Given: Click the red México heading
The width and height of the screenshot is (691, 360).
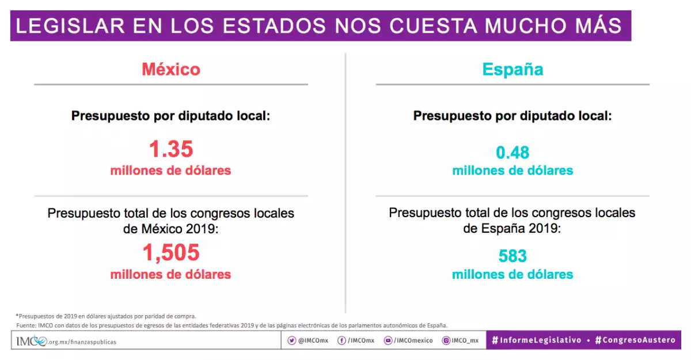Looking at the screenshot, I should click(x=171, y=69).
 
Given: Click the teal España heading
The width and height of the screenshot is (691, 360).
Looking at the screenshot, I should click(x=512, y=69).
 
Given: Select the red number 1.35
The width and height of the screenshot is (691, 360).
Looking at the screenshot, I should click(x=171, y=149).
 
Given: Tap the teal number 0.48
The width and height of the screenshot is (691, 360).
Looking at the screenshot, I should click(x=512, y=153).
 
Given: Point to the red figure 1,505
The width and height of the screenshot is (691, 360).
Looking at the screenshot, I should click(x=171, y=252).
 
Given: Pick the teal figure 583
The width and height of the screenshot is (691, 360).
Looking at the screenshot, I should click(x=512, y=256).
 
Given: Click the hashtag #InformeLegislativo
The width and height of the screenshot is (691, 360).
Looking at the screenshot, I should click(x=536, y=340).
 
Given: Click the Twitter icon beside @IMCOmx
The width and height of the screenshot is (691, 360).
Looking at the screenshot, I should click(x=292, y=340).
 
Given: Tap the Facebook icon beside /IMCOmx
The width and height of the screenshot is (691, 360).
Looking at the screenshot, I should click(x=341, y=340).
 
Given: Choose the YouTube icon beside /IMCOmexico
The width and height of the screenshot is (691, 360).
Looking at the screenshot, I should click(x=389, y=340).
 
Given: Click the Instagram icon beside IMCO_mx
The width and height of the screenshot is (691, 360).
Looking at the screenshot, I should click(x=446, y=340).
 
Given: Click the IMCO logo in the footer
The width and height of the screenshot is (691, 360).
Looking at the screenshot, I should click(x=32, y=341).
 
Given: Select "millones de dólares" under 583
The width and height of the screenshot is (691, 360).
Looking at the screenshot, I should click(x=512, y=274).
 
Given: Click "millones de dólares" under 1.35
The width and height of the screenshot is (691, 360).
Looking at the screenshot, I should click(x=171, y=170).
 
